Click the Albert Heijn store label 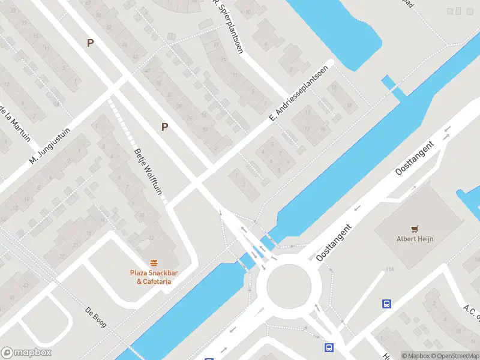point(414,239)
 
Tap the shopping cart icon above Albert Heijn point(414,229)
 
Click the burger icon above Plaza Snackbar point(154,263)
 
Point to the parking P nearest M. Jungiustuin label point(90,43)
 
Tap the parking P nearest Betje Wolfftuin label point(164,126)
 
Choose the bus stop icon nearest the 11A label point(387,304)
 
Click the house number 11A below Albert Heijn point(391,271)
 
